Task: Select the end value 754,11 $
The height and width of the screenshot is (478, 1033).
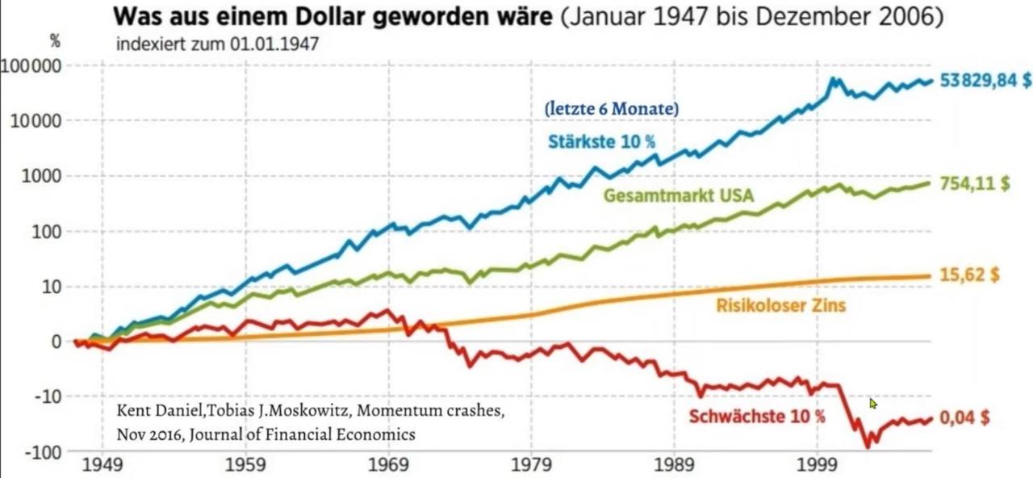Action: click(x=975, y=183)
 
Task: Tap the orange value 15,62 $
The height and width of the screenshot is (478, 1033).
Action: click(x=970, y=275)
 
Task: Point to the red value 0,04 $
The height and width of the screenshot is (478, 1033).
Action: click(x=964, y=418)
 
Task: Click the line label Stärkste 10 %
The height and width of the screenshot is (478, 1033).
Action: click(x=602, y=142)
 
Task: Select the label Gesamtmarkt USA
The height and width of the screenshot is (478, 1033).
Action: click(x=679, y=195)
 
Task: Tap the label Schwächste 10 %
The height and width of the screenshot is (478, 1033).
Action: click(x=757, y=417)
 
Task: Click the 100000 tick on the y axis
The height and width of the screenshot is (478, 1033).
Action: click(x=32, y=65)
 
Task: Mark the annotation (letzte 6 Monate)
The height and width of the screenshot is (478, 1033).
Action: click(x=612, y=108)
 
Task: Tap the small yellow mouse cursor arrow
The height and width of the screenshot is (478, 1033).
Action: click(x=873, y=403)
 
